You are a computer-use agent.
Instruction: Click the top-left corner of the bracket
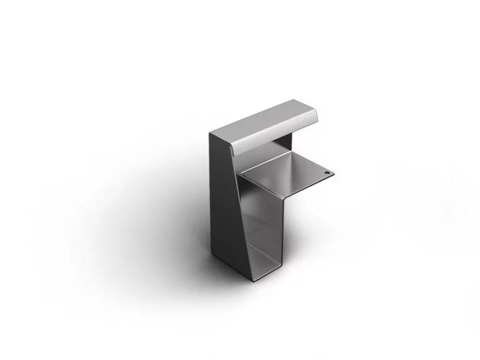point(211,132)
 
